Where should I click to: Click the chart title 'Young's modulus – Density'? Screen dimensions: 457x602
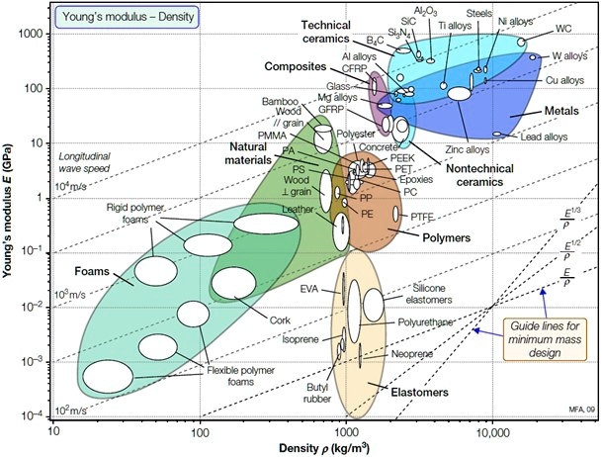[115, 16]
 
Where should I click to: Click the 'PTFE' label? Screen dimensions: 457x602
[429, 215]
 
